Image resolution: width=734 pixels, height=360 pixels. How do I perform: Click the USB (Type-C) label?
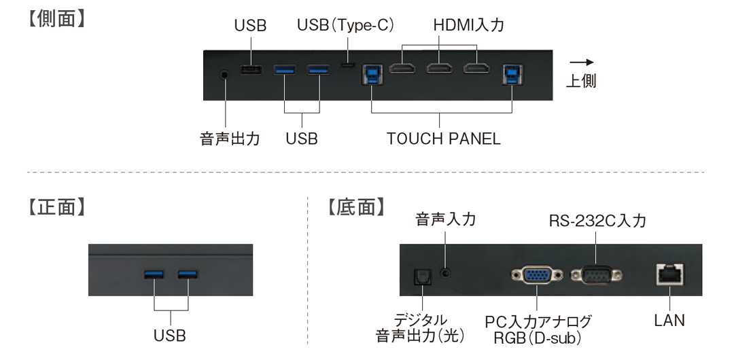click(347, 26)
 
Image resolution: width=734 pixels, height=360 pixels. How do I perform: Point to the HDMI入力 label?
click(469, 26)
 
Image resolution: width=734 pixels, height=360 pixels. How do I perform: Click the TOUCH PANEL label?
click(443, 139)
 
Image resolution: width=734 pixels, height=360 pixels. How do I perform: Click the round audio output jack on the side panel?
click(224, 73)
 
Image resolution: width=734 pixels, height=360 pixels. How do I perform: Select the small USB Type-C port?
click(348, 66)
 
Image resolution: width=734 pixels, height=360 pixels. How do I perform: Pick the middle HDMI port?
click(440, 69)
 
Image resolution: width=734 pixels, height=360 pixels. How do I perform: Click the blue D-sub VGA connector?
click(536, 275)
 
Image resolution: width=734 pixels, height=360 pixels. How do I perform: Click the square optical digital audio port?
click(422, 276)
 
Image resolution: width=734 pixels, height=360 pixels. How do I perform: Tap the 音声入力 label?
click(445, 219)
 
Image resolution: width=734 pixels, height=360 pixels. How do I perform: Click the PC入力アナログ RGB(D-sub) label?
click(538, 328)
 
